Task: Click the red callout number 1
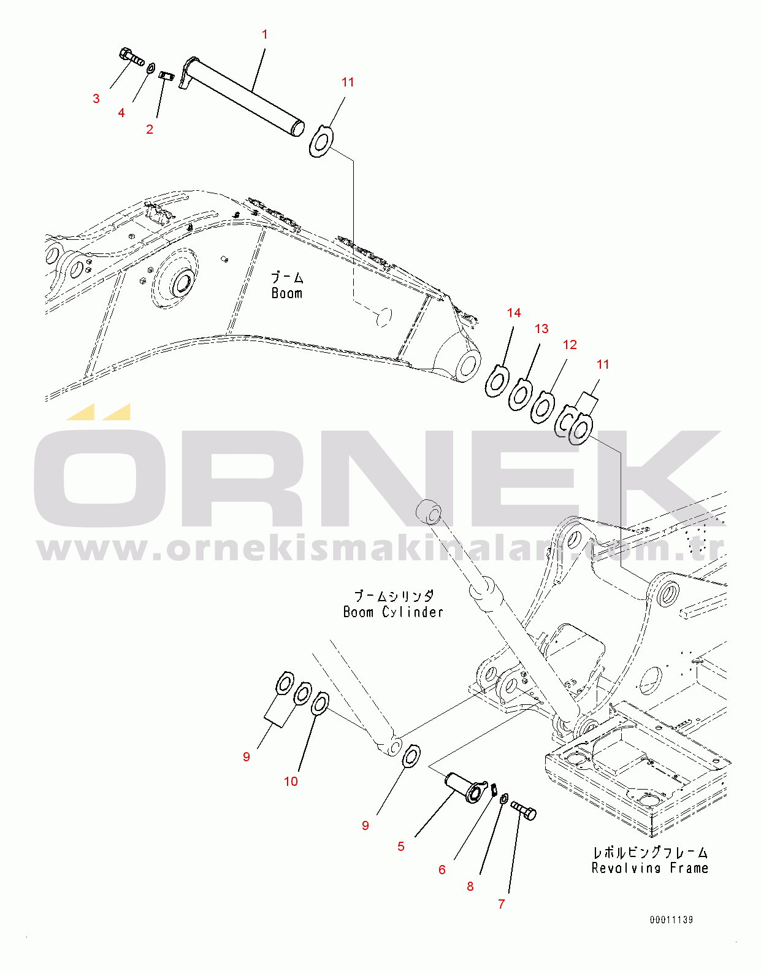[x=264, y=34]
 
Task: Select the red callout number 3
[x=96, y=99]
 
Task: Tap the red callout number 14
[x=514, y=312]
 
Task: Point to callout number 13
[x=541, y=329]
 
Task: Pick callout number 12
[x=570, y=344]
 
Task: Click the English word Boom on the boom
[x=287, y=293]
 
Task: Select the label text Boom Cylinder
[x=393, y=612]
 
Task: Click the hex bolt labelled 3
[x=131, y=57]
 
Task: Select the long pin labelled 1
[x=242, y=97]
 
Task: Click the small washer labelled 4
[x=151, y=69]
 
